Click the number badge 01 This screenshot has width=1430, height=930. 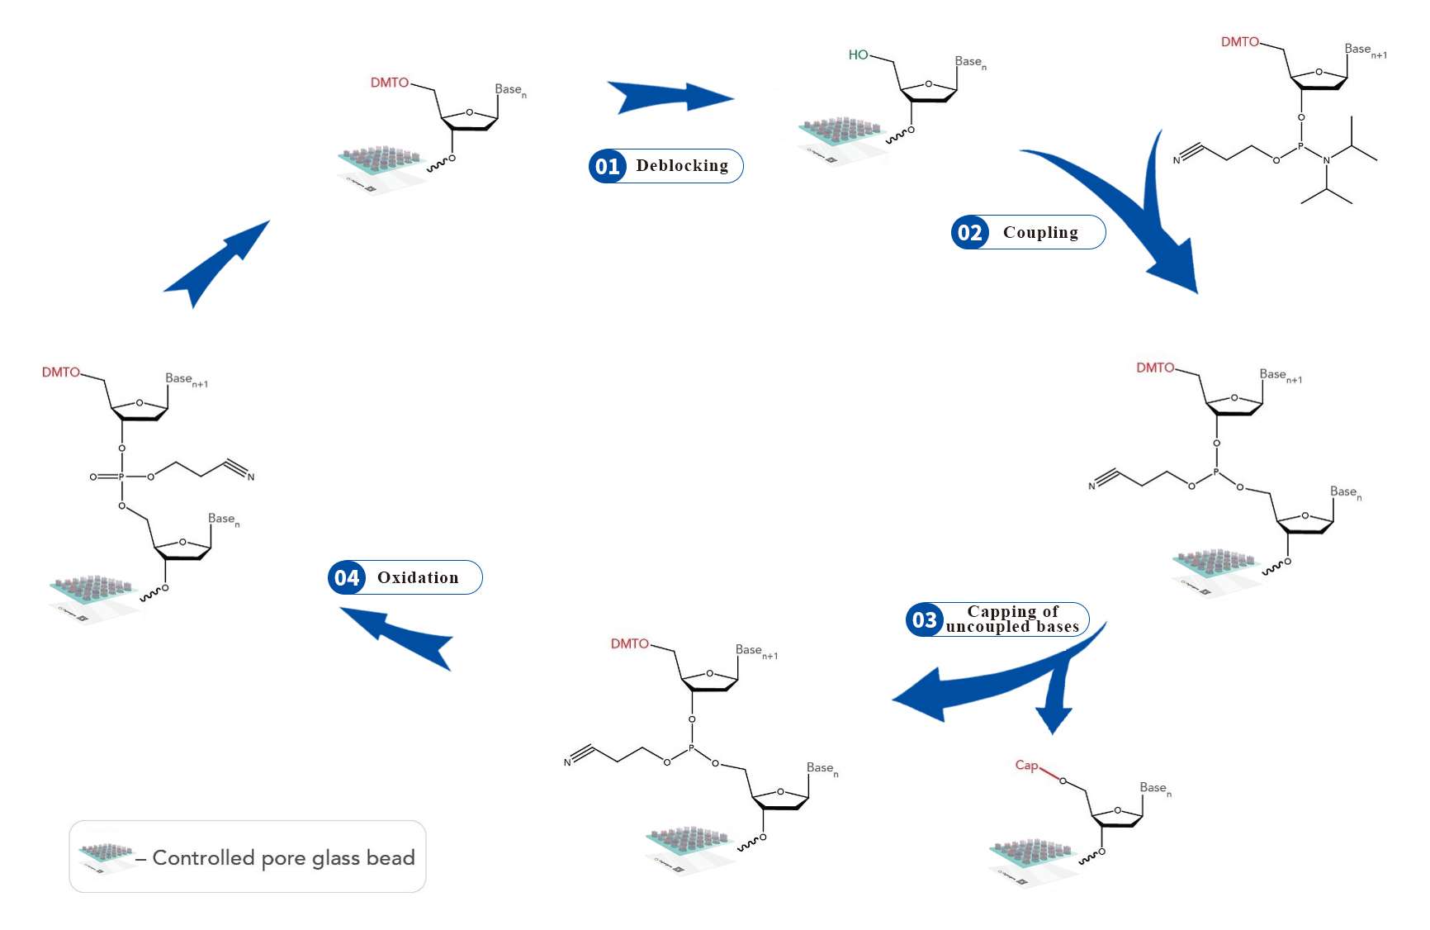tap(607, 166)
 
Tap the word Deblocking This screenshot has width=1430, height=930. tap(682, 166)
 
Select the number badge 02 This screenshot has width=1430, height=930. tap(969, 233)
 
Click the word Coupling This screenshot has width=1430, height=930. tap(1040, 233)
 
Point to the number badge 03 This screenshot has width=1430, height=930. tap(924, 619)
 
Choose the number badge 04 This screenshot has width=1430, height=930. tap(347, 577)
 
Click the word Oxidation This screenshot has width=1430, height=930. tap(418, 577)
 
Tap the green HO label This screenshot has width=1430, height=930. tap(858, 55)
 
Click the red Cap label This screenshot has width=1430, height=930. tap(1025, 765)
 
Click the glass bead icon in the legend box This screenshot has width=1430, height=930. tap(105, 854)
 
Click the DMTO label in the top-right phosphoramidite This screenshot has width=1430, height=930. tap(1239, 41)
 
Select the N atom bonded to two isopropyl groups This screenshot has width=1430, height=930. tap(1326, 159)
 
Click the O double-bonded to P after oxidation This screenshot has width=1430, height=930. tap(93, 477)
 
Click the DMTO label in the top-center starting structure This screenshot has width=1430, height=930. tap(389, 83)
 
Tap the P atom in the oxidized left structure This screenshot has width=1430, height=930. tap(121, 477)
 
